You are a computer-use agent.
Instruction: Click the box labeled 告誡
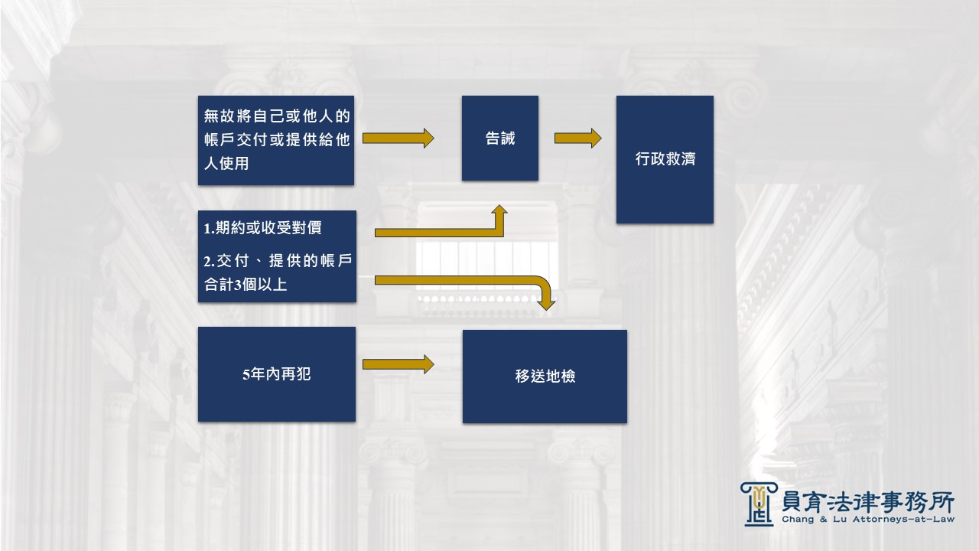[500, 139]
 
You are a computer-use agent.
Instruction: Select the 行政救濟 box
[665, 160]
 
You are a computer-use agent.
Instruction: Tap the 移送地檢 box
[545, 377]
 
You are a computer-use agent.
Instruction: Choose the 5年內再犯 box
[277, 374]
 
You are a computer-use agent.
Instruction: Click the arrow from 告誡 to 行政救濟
[577, 139]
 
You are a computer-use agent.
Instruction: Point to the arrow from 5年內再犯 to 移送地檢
[398, 364]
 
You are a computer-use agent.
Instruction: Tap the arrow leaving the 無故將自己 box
[398, 139]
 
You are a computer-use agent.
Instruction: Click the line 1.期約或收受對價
[262, 228]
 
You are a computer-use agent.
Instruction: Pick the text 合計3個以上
[246, 285]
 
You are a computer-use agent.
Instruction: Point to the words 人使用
[226, 164]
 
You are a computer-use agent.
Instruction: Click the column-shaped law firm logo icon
[759, 504]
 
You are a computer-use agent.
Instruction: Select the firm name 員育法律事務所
[868, 502]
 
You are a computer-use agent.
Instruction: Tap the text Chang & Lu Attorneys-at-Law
[868, 520]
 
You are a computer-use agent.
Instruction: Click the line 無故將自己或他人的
[277, 116]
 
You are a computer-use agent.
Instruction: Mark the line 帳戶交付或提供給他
[277, 140]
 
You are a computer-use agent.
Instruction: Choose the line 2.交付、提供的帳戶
[278, 261]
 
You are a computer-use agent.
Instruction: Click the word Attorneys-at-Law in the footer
[903, 520]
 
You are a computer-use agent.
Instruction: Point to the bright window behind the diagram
[486, 266]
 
